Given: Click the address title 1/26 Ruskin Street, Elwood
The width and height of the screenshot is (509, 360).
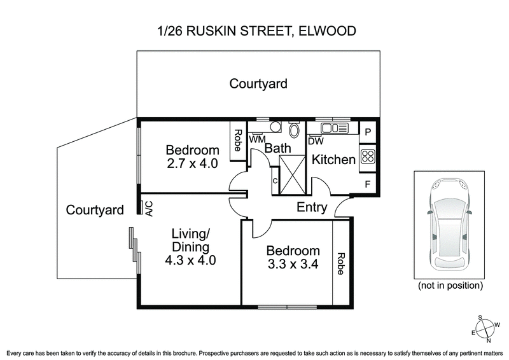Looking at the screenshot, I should [x=254, y=30].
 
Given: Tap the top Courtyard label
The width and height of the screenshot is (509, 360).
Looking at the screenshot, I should [x=258, y=83].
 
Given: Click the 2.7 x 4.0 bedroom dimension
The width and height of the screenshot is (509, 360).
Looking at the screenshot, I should [x=192, y=163].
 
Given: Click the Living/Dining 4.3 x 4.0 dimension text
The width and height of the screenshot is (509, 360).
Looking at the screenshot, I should [x=190, y=260].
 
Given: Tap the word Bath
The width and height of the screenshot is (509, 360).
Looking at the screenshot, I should [x=278, y=148].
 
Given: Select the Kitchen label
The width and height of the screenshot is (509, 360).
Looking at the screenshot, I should [x=333, y=160].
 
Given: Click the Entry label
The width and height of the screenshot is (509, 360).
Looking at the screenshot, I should [x=312, y=207].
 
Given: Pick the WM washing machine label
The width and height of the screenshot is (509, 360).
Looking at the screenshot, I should [x=258, y=139].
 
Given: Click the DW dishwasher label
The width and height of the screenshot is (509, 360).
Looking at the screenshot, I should [x=316, y=141].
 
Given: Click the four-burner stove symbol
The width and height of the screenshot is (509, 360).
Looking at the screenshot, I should [x=368, y=156].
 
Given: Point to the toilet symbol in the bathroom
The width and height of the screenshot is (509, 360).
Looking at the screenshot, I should [x=295, y=130].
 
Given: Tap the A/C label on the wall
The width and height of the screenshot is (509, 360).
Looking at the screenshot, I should [x=148, y=209].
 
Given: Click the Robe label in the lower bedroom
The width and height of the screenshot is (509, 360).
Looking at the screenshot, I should [x=341, y=263].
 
